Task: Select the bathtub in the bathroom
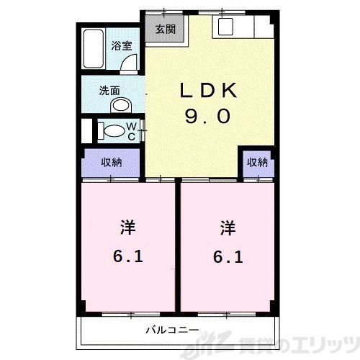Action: (x=93, y=50)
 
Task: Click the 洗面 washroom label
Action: (x=110, y=91)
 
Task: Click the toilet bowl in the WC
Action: (x=112, y=132)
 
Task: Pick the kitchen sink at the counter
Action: (x=225, y=29)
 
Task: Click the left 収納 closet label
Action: (x=111, y=162)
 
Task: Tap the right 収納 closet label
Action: (x=257, y=162)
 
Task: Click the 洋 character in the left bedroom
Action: (x=127, y=228)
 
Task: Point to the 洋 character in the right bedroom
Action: (x=228, y=228)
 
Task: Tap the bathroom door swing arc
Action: (x=128, y=64)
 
